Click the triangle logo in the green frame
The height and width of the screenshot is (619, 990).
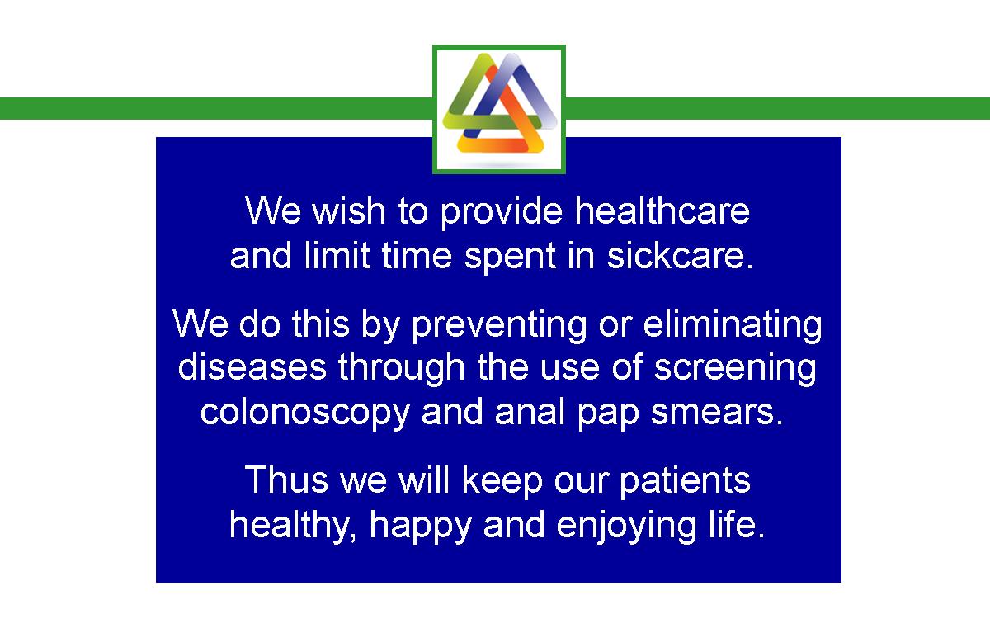pyautogui.click(x=500, y=103)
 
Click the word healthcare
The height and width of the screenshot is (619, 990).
pyautogui.click(x=662, y=210)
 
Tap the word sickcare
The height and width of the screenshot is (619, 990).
pyautogui.click(x=680, y=256)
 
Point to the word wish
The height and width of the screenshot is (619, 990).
pyautogui.click(x=349, y=210)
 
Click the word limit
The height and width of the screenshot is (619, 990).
pyautogui.click(x=337, y=256)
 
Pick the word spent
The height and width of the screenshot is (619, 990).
pyautogui.click(x=510, y=258)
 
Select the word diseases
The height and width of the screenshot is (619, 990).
pyautogui.click(x=252, y=367)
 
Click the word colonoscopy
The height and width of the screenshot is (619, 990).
pyautogui.click(x=305, y=414)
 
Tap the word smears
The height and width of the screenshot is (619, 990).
pyautogui.click(x=717, y=413)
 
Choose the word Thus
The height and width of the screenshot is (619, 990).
pyautogui.click(x=286, y=480)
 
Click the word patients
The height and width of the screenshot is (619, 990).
pyautogui.click(x=685, y=482)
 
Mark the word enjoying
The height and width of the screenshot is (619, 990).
pyautogui.click(x=626, y=527)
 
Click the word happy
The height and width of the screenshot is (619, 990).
pyautogui.click(x=420, y=527)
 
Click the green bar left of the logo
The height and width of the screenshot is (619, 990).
pyautogui.click(x=216, y=109)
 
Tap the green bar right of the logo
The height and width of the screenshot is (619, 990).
pyautogui.click(x=778, y=109)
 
